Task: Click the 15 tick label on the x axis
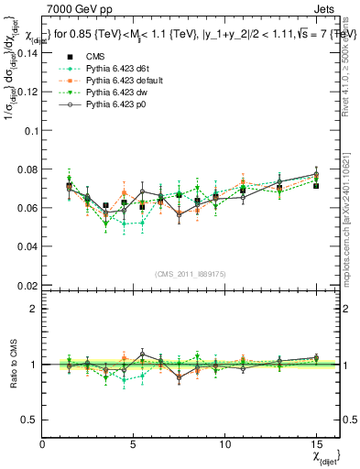[x=316, y=443]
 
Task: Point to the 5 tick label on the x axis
[x=134, y=443]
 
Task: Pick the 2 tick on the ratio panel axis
[x=33, y=309]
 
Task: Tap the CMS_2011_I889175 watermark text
[x=190, y=273]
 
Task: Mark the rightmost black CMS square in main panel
[x=316, y=186]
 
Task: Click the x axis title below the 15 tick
[x=322, y=455]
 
